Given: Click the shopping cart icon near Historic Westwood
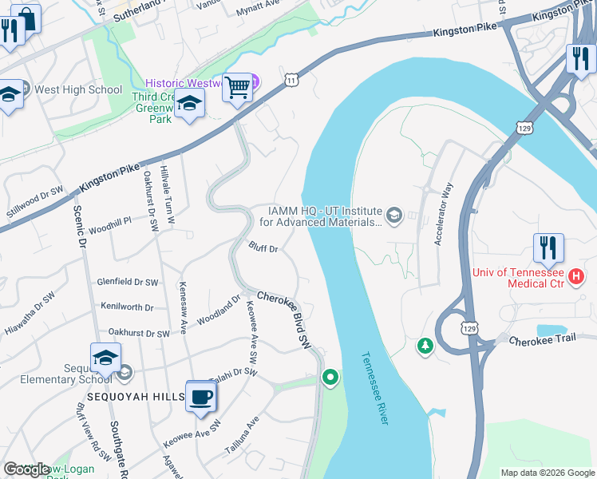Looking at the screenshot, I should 237,86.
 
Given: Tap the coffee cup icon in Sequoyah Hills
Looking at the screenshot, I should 200,396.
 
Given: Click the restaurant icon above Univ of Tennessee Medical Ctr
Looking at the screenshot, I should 548,248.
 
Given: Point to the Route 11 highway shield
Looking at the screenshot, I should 292,80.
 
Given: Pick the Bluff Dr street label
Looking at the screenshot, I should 263,249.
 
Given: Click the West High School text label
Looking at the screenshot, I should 78,89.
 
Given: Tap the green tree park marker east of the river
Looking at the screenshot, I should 425,346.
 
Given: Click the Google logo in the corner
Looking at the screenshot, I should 26,469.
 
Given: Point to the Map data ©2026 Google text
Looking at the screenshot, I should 546,473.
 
